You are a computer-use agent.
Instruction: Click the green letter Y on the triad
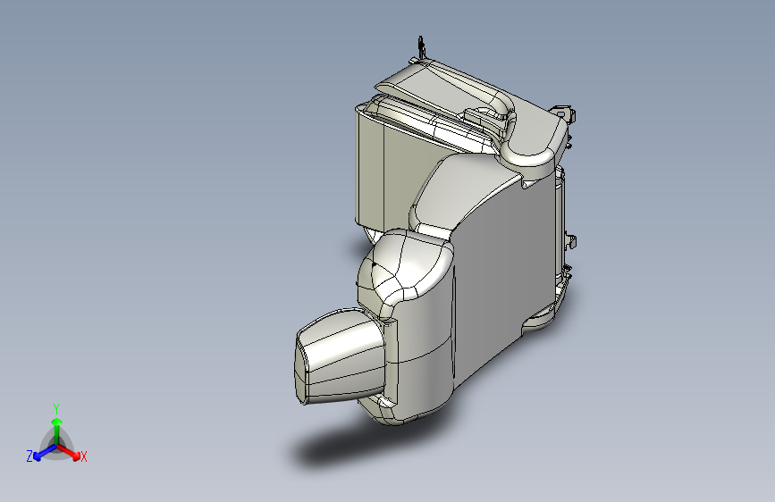(55, 407)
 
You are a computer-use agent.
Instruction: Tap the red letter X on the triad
(84, 456)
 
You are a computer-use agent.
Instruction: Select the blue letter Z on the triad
(29, 456)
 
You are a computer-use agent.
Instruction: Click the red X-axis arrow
(72, 451)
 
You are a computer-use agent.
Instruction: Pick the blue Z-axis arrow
(41, 451)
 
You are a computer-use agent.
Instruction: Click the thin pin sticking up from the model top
(420, 46)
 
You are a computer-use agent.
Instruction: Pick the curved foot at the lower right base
(545, 313)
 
